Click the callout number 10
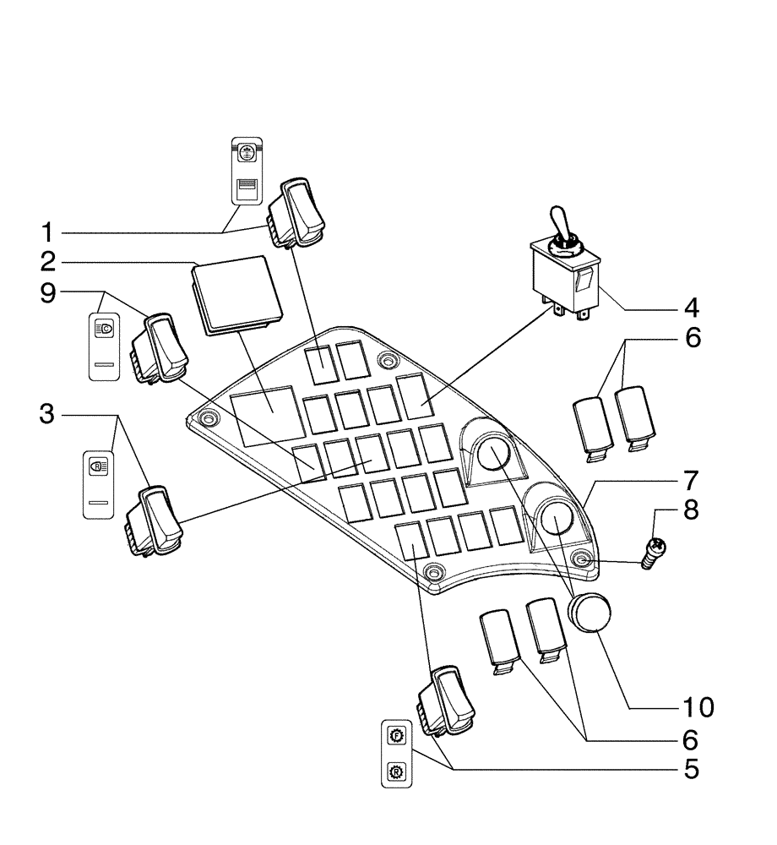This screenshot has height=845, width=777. tap(690, 706)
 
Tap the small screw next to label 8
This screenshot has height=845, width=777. tap(651, 553)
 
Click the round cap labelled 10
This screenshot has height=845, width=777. tap(590, 612)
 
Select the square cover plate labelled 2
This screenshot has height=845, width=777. tap(236, 294)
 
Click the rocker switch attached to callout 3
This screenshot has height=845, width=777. tap(153, 521)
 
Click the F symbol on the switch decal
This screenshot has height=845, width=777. tap(395, 735)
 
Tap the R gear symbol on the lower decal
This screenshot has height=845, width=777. tap(395, 771)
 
